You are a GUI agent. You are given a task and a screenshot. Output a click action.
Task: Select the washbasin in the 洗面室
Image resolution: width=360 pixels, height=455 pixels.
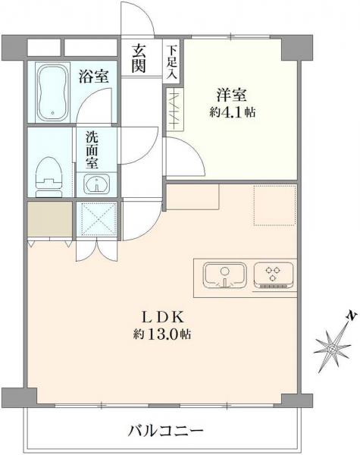point(96,183)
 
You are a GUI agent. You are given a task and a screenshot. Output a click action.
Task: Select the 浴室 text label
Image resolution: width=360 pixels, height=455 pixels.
point(93,76)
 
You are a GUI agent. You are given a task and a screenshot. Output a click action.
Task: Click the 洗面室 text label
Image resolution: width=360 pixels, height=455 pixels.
point(91,150)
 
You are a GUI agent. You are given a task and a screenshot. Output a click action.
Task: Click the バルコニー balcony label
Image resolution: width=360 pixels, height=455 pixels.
point(165,431)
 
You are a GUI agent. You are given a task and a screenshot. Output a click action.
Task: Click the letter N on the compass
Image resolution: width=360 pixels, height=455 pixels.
point(349,315)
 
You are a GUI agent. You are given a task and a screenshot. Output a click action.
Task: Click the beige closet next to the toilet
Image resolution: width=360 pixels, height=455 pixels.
point(50,219)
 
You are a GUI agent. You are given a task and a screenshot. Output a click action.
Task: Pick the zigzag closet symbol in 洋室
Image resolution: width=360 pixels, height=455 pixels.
point(176,109)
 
